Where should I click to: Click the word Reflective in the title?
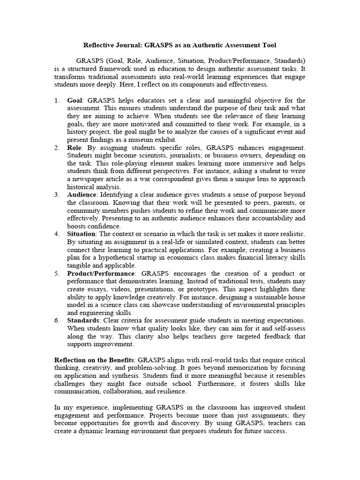[100, 45]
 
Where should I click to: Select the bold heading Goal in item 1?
[75, 100]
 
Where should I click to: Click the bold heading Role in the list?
[75, 148]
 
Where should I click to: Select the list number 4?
[57, 234]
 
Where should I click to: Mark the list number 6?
[57, 320]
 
